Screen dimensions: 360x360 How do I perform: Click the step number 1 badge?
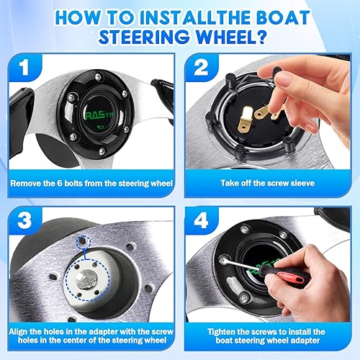pyautogui.click(x=24, y=67)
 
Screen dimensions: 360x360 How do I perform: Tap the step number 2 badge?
pyautogui.click(x=201, y=67)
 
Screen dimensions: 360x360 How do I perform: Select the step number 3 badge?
pyautogui.click(x=24, y=220)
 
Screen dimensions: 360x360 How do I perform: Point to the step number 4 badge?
pyautogui.click(x=201, y=220)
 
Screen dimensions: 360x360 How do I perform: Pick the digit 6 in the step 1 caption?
pyautogui.click(x=60, y=184)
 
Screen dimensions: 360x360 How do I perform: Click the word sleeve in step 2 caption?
pyautogui.click(x=302, y=184)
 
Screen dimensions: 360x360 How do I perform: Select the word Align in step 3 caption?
pyautogui.click(x=19, y=332)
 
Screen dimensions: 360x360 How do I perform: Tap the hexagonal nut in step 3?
pyautogui.click(x=85, y=279)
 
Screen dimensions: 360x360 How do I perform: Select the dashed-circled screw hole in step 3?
pyautogui.click(x=83, y=240)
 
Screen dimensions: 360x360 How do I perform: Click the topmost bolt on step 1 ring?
pyautogui.click(x=98, y=77)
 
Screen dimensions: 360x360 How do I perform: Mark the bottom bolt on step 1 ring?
pyautogui.click(x=102, y=151)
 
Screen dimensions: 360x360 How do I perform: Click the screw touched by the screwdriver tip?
pyautogui.click(x=223, y=260)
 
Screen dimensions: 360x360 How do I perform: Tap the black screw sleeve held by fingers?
pyautogui.click(x=276, y=71)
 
